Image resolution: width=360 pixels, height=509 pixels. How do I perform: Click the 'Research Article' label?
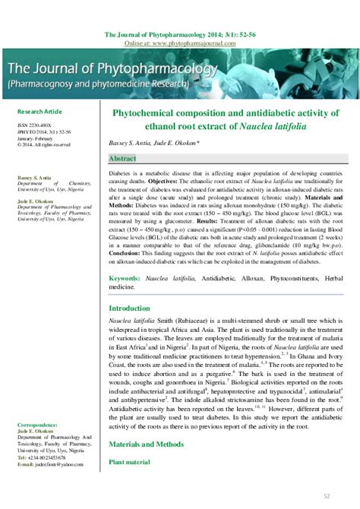pyautogui.click(x=39, y=111)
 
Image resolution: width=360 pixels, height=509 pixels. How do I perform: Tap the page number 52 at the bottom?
pyautogui.click(x=327, y=496)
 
